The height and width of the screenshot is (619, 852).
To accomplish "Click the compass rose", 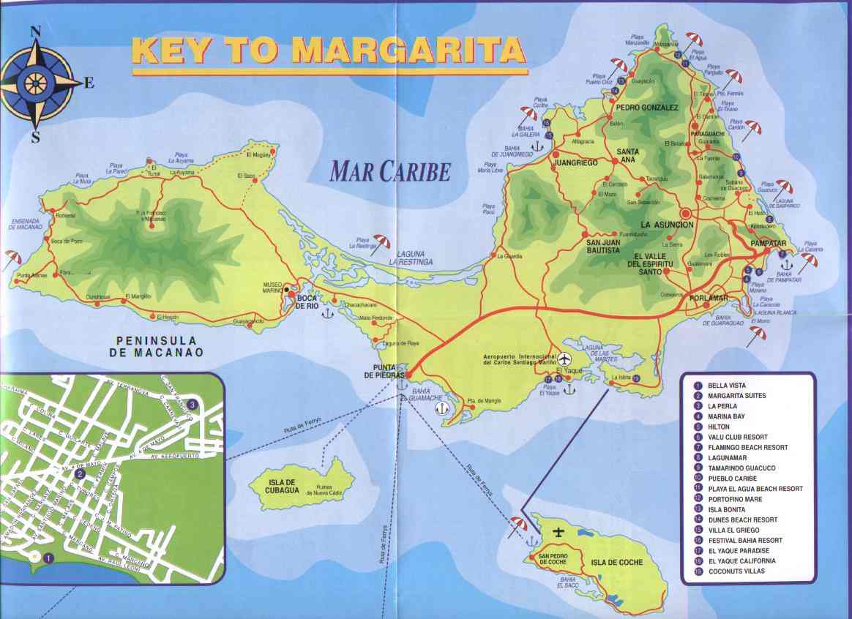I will coord(36,83).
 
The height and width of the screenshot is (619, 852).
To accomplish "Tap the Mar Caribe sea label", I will coord(389,170).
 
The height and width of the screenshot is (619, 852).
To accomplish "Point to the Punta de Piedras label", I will coord(388,370).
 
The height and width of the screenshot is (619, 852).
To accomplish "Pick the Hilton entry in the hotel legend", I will coord(719,427).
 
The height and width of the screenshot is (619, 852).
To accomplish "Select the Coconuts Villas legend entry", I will coord(733,571).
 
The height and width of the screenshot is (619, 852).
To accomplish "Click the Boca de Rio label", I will coord(306,301).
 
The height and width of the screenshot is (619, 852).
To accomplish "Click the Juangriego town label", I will coord(577,162).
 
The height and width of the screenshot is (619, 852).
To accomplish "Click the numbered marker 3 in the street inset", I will coord(192,404).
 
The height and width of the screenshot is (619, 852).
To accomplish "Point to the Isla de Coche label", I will coord(616,562).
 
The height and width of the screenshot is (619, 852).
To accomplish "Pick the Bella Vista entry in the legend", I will coord(726,386).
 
